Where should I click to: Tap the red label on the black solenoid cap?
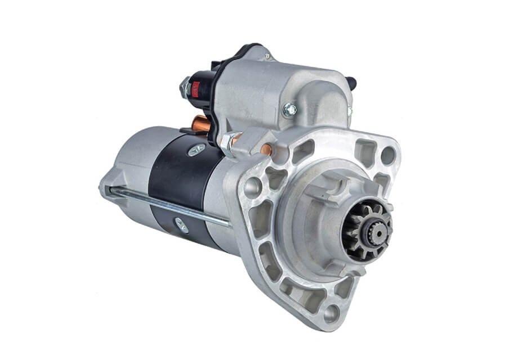pyautogui.click(x=196, y=88)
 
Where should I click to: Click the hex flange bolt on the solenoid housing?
pyautogui.click(x=289, y=110)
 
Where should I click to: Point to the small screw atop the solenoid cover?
pyautogui.click(x=267, y=56)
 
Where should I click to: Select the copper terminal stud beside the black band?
pyautogui.click(x=200, y=123)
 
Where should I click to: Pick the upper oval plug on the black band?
pyautogui.click(x=197, y=150)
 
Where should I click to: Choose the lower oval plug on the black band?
pyautogui.click(x=181, y=225)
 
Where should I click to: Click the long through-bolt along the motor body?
pyautogui.click(x=169, y=205)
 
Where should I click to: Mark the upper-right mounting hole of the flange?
pyautogui.click(x=388, y=155)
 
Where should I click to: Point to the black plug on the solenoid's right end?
pyautogui.click(x=352, y=83)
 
